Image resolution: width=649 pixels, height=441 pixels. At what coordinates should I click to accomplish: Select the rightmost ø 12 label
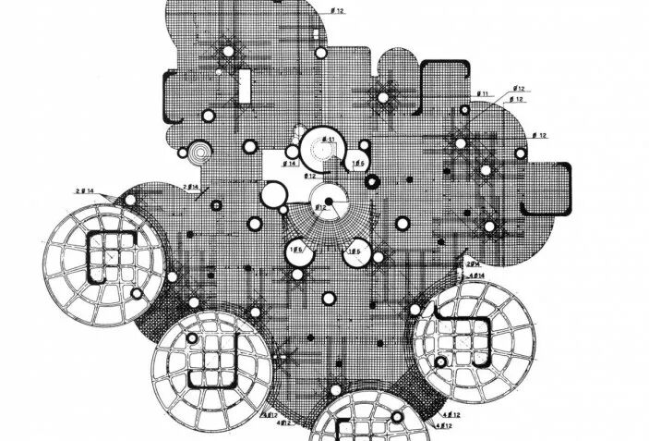coord(539,136)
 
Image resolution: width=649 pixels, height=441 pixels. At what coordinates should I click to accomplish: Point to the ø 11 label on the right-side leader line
coord(482,94)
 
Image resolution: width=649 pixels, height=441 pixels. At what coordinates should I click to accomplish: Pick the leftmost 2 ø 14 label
coord(85,190)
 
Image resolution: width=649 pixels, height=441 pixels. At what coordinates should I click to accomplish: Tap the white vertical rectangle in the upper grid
coord(246,84)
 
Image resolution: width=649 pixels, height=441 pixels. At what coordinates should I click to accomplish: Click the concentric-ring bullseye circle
coord(198,152)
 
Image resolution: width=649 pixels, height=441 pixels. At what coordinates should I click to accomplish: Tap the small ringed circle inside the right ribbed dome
coord(442,361)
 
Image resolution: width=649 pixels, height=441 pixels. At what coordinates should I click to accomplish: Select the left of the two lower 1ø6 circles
coord(297,252)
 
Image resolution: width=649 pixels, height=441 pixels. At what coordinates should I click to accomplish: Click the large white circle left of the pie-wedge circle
coord(274,195)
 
